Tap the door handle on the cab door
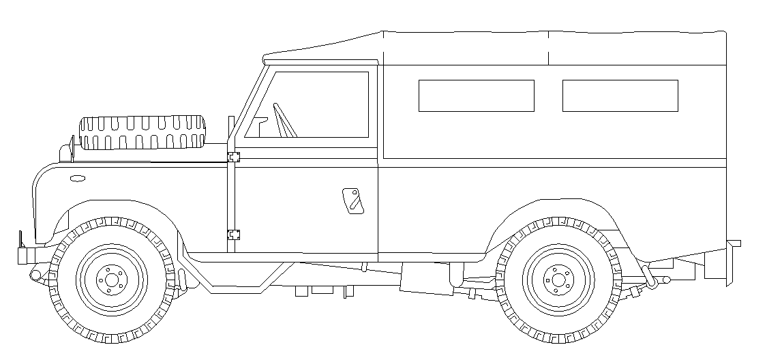(x=353, y=200)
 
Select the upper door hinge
(x=234, y=157)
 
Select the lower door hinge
(x=234, y=235)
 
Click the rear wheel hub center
(x=558, y=279)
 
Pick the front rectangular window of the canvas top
(x=476, y=95)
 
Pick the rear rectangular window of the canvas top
(x=620, y=95)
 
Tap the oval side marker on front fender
(x=78, y=179)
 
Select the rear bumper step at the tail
(x=734, y=243)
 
